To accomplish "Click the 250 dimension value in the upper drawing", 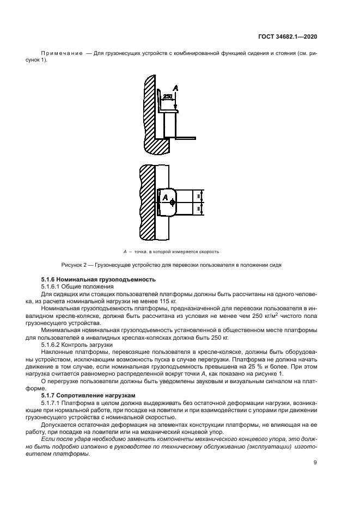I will pos(167,96).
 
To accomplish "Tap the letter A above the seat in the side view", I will pos(175,88).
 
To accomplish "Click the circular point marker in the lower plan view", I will pos(172,203).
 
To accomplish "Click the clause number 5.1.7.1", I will pos(52,401).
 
